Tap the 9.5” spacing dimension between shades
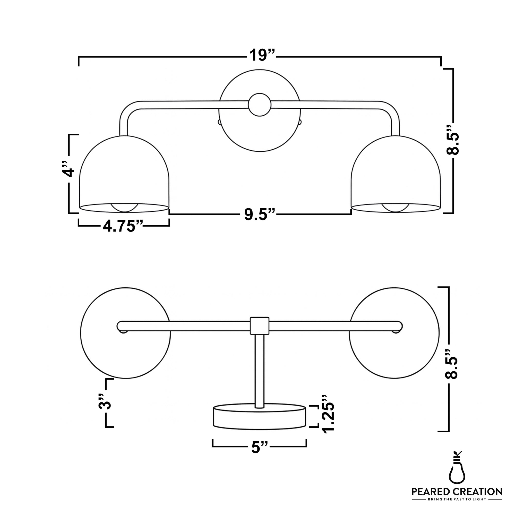[x=259, y=214]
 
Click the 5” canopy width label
[x=259, y=447]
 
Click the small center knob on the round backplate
[x=259, y=105]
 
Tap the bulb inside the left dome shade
[x=124, y=208]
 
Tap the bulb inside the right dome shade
[x=396, y=208]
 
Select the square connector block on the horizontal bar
[x=259, y=326]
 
